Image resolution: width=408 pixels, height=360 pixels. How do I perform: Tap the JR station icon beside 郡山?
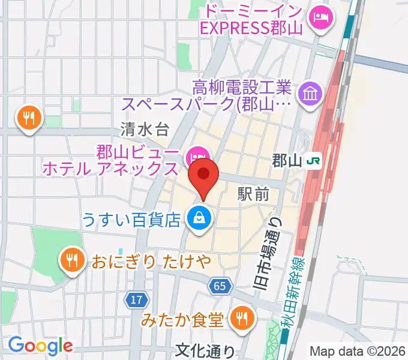pos(313,161)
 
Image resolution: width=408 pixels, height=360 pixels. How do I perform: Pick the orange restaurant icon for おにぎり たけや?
pos(72,260)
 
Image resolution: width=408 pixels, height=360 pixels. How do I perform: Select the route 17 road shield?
pos(136,298)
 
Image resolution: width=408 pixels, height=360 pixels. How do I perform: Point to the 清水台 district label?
pos(145,129)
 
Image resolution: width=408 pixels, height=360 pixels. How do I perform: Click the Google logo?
pos(40,346)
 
